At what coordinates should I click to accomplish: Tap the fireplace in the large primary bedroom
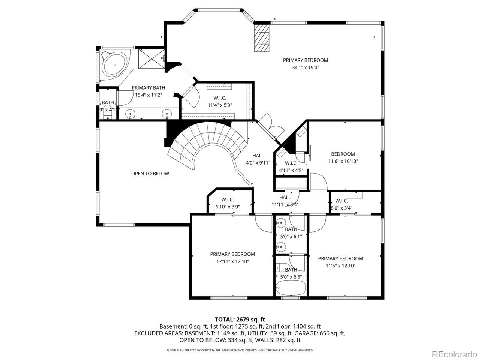pos(262,38)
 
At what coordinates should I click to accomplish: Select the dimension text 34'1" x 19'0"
pos(305,67)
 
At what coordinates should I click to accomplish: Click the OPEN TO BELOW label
pos(150,174)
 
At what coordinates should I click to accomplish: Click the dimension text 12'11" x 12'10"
pos(232,261)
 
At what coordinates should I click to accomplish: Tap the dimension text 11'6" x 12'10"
pos(340,265)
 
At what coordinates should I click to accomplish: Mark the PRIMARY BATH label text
pos(148,88)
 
